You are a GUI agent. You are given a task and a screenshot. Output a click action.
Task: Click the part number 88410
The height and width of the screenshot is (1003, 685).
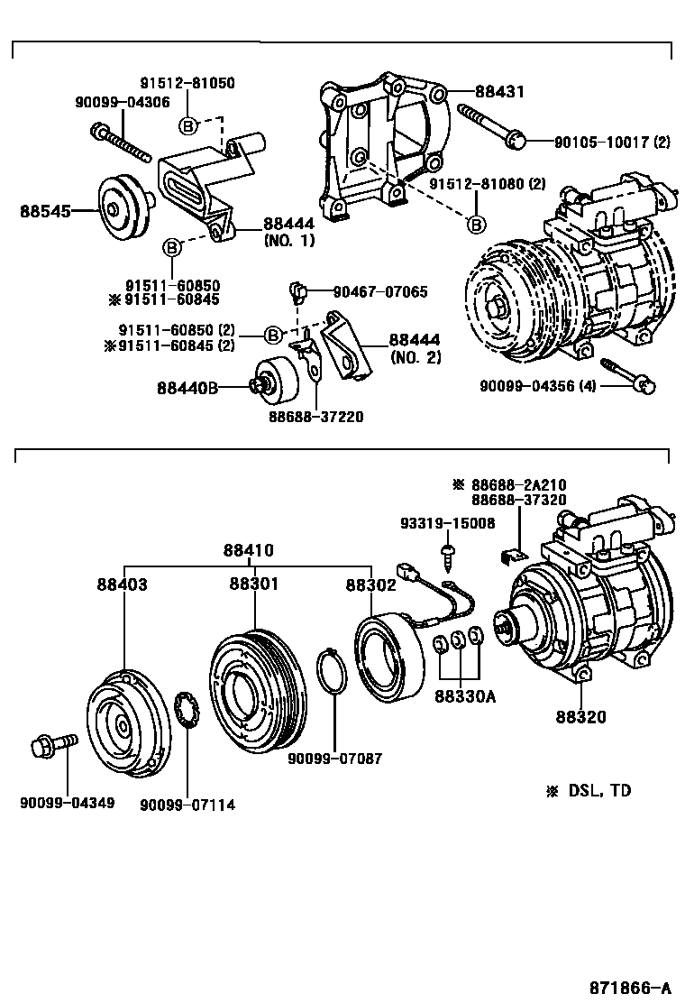coord(249,550)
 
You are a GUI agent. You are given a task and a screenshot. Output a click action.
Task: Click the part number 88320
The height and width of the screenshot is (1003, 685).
coord(580,717)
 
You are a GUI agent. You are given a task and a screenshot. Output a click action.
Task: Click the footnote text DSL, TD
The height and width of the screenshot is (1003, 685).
coord(599,790)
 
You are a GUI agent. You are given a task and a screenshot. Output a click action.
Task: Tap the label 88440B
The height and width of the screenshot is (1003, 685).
coord(187,387)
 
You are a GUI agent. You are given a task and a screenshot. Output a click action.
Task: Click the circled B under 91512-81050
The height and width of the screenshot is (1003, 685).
coord(187,124)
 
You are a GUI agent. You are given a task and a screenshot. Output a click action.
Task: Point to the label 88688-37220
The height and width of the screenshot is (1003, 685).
coord(315,417)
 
